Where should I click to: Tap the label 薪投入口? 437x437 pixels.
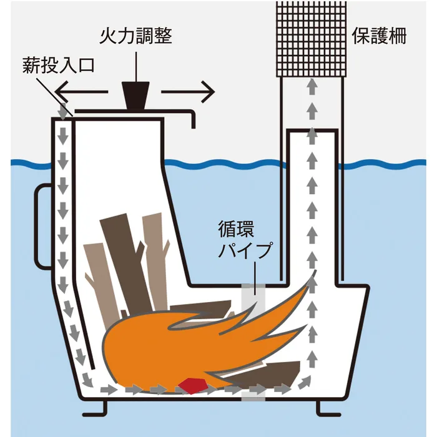[x=59, y=65]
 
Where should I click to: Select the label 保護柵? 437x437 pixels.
[x=379, y=36]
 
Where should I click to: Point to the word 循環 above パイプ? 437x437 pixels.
[x=236, y=229]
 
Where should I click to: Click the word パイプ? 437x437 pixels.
[x=245, y=250]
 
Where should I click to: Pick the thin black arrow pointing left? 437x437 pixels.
[x=81, y=92]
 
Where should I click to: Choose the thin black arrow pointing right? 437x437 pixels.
[x=188, y=92]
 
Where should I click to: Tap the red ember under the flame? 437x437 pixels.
[x=192, y=386]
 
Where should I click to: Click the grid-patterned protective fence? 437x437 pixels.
[x=312, y=39]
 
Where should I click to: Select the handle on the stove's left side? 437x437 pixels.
[x=42, y=227]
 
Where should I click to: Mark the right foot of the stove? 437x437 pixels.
[x=328, y=408]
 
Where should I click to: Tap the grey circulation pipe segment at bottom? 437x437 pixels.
[x=253, y=396]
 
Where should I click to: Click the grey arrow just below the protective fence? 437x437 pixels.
[x=312, y=87]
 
